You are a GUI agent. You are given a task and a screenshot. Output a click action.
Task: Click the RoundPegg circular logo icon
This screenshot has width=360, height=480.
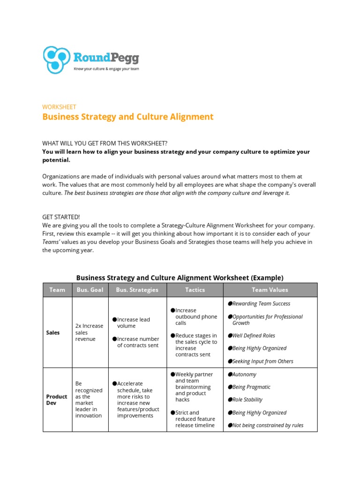56,60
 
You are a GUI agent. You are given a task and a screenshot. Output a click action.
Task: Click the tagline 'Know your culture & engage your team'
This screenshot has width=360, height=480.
106,69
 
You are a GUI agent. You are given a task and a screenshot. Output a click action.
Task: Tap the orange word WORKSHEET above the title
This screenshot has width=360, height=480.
59,107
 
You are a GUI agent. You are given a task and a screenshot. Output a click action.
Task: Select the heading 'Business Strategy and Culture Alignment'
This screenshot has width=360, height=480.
127,117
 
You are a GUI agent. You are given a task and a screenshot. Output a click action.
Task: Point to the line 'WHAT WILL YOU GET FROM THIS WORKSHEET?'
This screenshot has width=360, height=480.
105,143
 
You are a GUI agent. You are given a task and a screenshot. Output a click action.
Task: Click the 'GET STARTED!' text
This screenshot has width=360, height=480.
61,217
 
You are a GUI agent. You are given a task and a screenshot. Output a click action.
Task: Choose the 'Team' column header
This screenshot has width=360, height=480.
57,290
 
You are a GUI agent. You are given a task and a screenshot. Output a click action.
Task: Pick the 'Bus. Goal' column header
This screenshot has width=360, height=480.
90,290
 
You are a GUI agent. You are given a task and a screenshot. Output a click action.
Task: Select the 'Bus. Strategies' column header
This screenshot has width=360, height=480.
137,290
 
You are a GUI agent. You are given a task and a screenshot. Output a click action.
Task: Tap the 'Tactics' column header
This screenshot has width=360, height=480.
195,290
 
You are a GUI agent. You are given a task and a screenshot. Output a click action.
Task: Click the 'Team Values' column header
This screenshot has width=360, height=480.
270,290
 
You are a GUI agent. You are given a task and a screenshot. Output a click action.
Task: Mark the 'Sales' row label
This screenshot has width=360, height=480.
53,332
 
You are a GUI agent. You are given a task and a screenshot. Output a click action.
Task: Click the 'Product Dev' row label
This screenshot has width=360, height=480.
57,400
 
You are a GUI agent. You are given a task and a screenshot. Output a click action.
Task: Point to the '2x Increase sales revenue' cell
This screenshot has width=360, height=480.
89,332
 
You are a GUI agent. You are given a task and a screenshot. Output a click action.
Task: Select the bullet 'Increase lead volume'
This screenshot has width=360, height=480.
134,322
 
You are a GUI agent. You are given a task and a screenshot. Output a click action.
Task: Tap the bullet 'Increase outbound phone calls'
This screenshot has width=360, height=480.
196,316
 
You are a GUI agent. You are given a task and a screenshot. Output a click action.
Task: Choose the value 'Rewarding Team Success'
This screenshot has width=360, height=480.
261,304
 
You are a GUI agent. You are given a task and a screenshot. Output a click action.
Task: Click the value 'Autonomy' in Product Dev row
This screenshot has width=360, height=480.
244,375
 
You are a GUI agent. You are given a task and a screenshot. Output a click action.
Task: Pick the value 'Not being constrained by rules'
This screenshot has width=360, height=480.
268,425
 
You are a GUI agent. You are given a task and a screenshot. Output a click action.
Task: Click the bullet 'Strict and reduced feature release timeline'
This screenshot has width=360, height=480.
195,419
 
